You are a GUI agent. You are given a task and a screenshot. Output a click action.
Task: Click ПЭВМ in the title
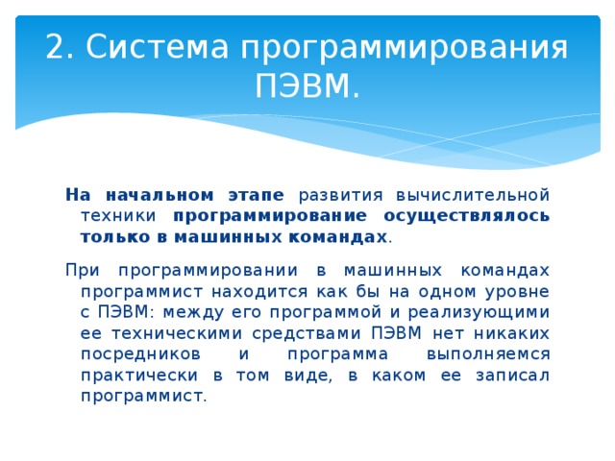click(x=307, y=89)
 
